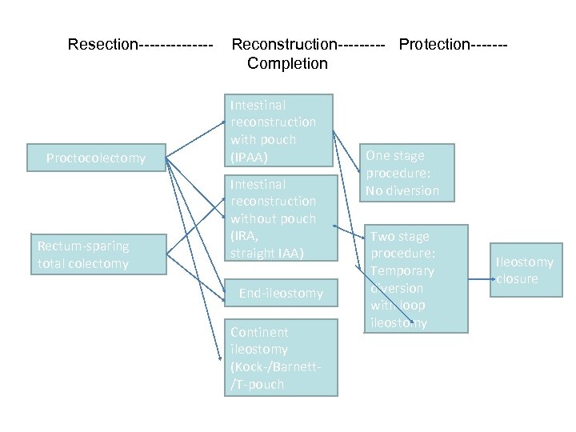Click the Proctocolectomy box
[x=96, y=158]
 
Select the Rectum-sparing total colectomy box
[x=82, y=254]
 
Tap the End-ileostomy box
[x=280, y=294]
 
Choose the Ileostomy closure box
[x=524, y=270]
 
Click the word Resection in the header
[x=102, y=44]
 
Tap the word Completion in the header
[x=287, y=63]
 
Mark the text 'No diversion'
[x=402, y=190]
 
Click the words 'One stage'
[x=395, y=156]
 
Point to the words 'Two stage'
[x=399, y=237]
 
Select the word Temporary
[x=402, y=271]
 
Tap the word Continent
[x=259, y=332]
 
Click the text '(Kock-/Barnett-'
[x=276, y=367]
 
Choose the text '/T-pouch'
[x=257, y=384]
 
